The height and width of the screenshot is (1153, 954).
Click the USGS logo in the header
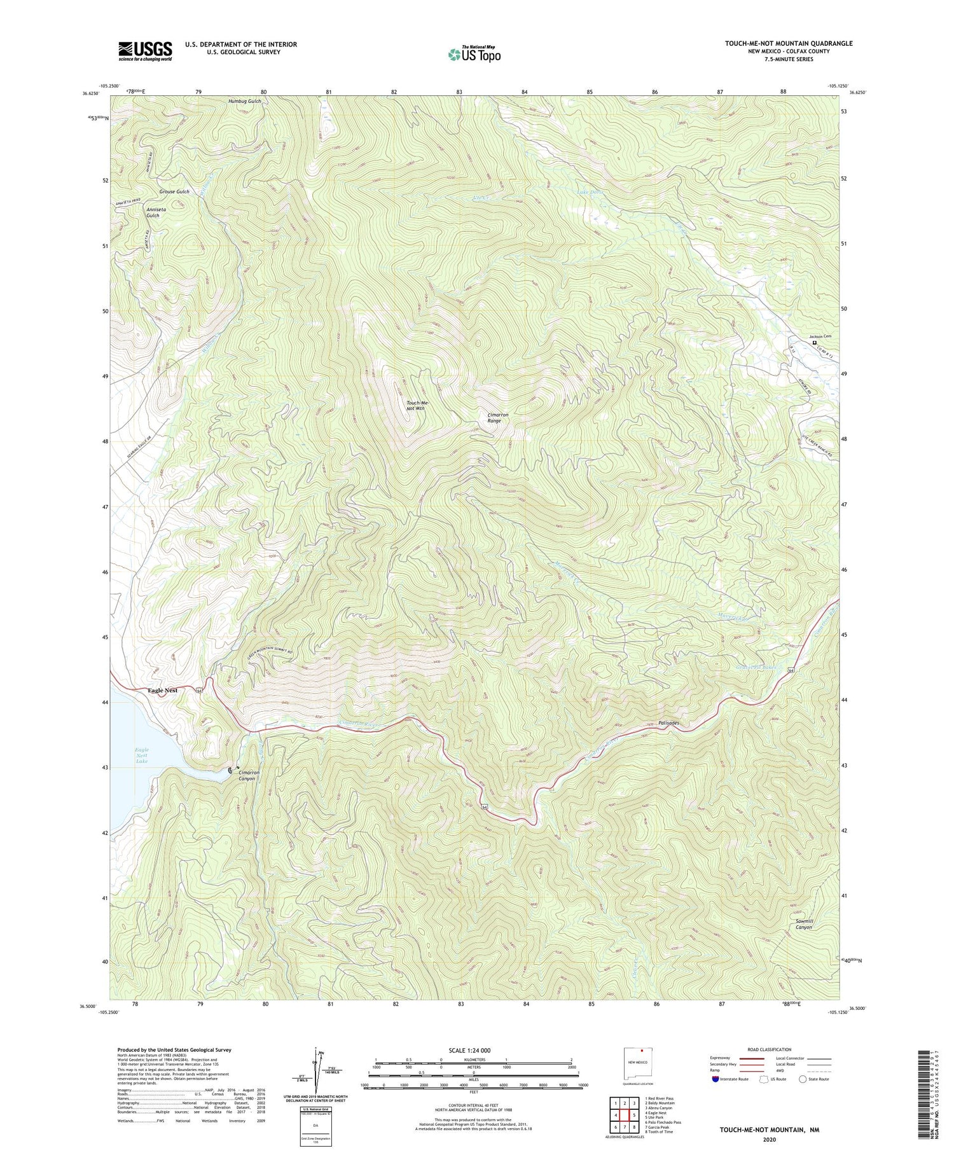(145, 51)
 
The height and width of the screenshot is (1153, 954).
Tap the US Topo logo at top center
(474, 54)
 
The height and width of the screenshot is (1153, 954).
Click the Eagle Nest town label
(162, 690)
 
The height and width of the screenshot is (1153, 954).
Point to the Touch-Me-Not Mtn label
(415, 405)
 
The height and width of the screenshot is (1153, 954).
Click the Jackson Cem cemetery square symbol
(815, 343)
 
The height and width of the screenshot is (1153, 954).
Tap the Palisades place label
(669, 723)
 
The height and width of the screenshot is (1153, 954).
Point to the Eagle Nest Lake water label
(141, 756)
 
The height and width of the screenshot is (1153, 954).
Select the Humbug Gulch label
(245, 101)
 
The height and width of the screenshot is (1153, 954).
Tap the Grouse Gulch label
(174, 191)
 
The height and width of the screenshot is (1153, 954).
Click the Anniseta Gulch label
(153, 212)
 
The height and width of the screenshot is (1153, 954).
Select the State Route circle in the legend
(803, 1079)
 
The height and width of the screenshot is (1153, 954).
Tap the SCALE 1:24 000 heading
(473, 1050)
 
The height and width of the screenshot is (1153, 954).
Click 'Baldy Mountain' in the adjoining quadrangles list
(661, 1103)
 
